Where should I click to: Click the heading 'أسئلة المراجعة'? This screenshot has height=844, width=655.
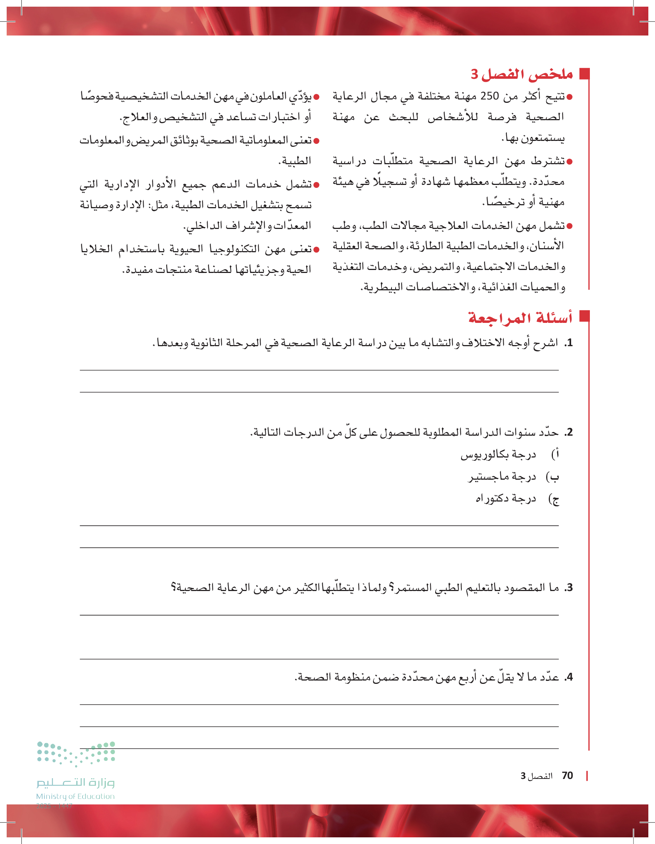(x=520, y=318)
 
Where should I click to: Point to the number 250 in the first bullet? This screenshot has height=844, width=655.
(x=490, y=96)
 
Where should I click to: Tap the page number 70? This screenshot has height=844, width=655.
(x=567, y=776)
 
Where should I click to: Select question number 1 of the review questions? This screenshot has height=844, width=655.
(x=568, y=343)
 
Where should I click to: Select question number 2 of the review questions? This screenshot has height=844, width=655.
(x=568, y=432)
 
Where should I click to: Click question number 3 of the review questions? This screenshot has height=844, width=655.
(x=568, y=588)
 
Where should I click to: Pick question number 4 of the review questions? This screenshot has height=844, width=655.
(x=568, y=677)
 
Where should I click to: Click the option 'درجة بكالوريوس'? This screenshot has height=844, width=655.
(x=498, y=455)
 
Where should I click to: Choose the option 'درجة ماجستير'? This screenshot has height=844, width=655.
(x=502, y=477)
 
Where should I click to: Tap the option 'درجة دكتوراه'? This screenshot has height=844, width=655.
(x=505, y=499)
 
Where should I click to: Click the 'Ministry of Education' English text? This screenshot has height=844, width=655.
(x=75, y=796)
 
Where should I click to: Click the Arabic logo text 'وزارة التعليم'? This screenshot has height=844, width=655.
(x=75, y=783)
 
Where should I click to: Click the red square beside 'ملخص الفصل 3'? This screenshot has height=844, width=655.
(x=584, y=74)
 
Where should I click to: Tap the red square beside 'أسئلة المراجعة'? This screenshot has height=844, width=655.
(x=584, y=316)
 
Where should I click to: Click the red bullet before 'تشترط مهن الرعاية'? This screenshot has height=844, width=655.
(x=569, y=162)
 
